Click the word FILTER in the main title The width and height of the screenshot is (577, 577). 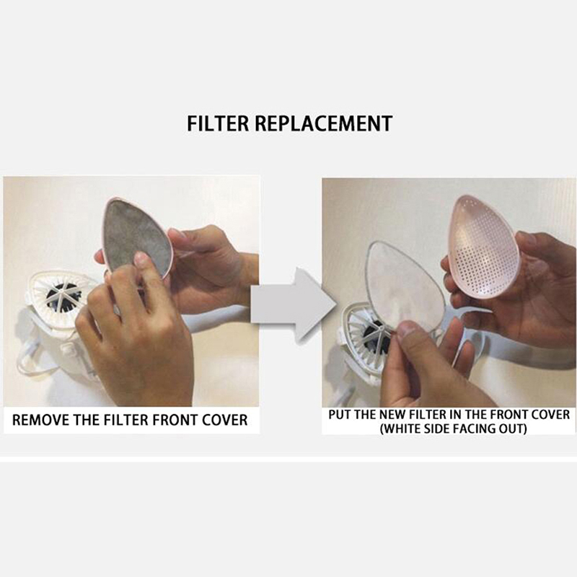[218, 123]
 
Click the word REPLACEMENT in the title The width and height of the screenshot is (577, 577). [324, 123]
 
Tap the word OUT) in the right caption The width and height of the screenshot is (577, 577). [513, 428]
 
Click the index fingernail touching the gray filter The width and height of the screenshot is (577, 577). [141, 260]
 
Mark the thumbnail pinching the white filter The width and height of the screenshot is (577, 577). [407, 329]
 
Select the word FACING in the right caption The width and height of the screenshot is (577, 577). [477, 428]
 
